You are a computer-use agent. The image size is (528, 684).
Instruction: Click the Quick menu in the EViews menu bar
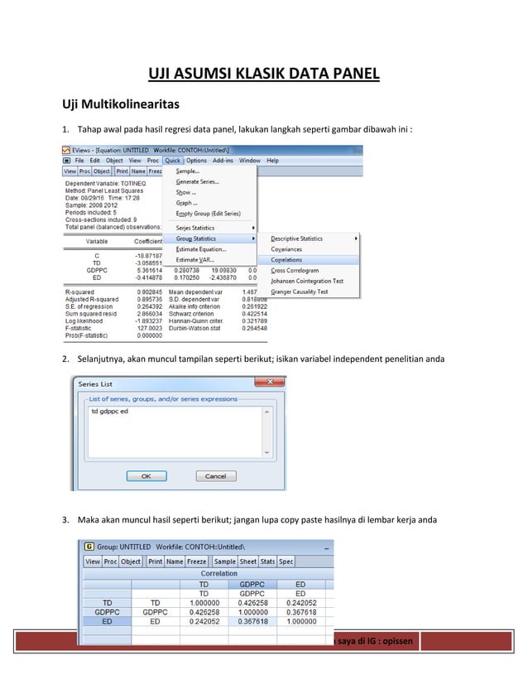172,161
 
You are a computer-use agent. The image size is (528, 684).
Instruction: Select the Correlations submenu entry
287,259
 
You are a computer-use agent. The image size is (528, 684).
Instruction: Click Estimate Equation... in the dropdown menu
200,248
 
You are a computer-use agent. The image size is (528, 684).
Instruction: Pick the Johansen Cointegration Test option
307,281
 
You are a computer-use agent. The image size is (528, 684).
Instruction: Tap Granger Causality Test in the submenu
300,291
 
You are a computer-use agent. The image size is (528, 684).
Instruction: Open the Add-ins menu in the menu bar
223,161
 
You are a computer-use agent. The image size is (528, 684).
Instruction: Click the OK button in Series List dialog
146,476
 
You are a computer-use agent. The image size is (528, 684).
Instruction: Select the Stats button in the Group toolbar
268,561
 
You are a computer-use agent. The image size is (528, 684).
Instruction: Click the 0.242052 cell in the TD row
300,602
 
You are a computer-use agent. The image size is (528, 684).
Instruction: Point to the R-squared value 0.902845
149,291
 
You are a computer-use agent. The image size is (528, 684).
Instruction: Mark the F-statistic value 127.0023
149,327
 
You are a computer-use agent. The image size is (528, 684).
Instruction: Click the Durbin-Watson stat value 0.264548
254,327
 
